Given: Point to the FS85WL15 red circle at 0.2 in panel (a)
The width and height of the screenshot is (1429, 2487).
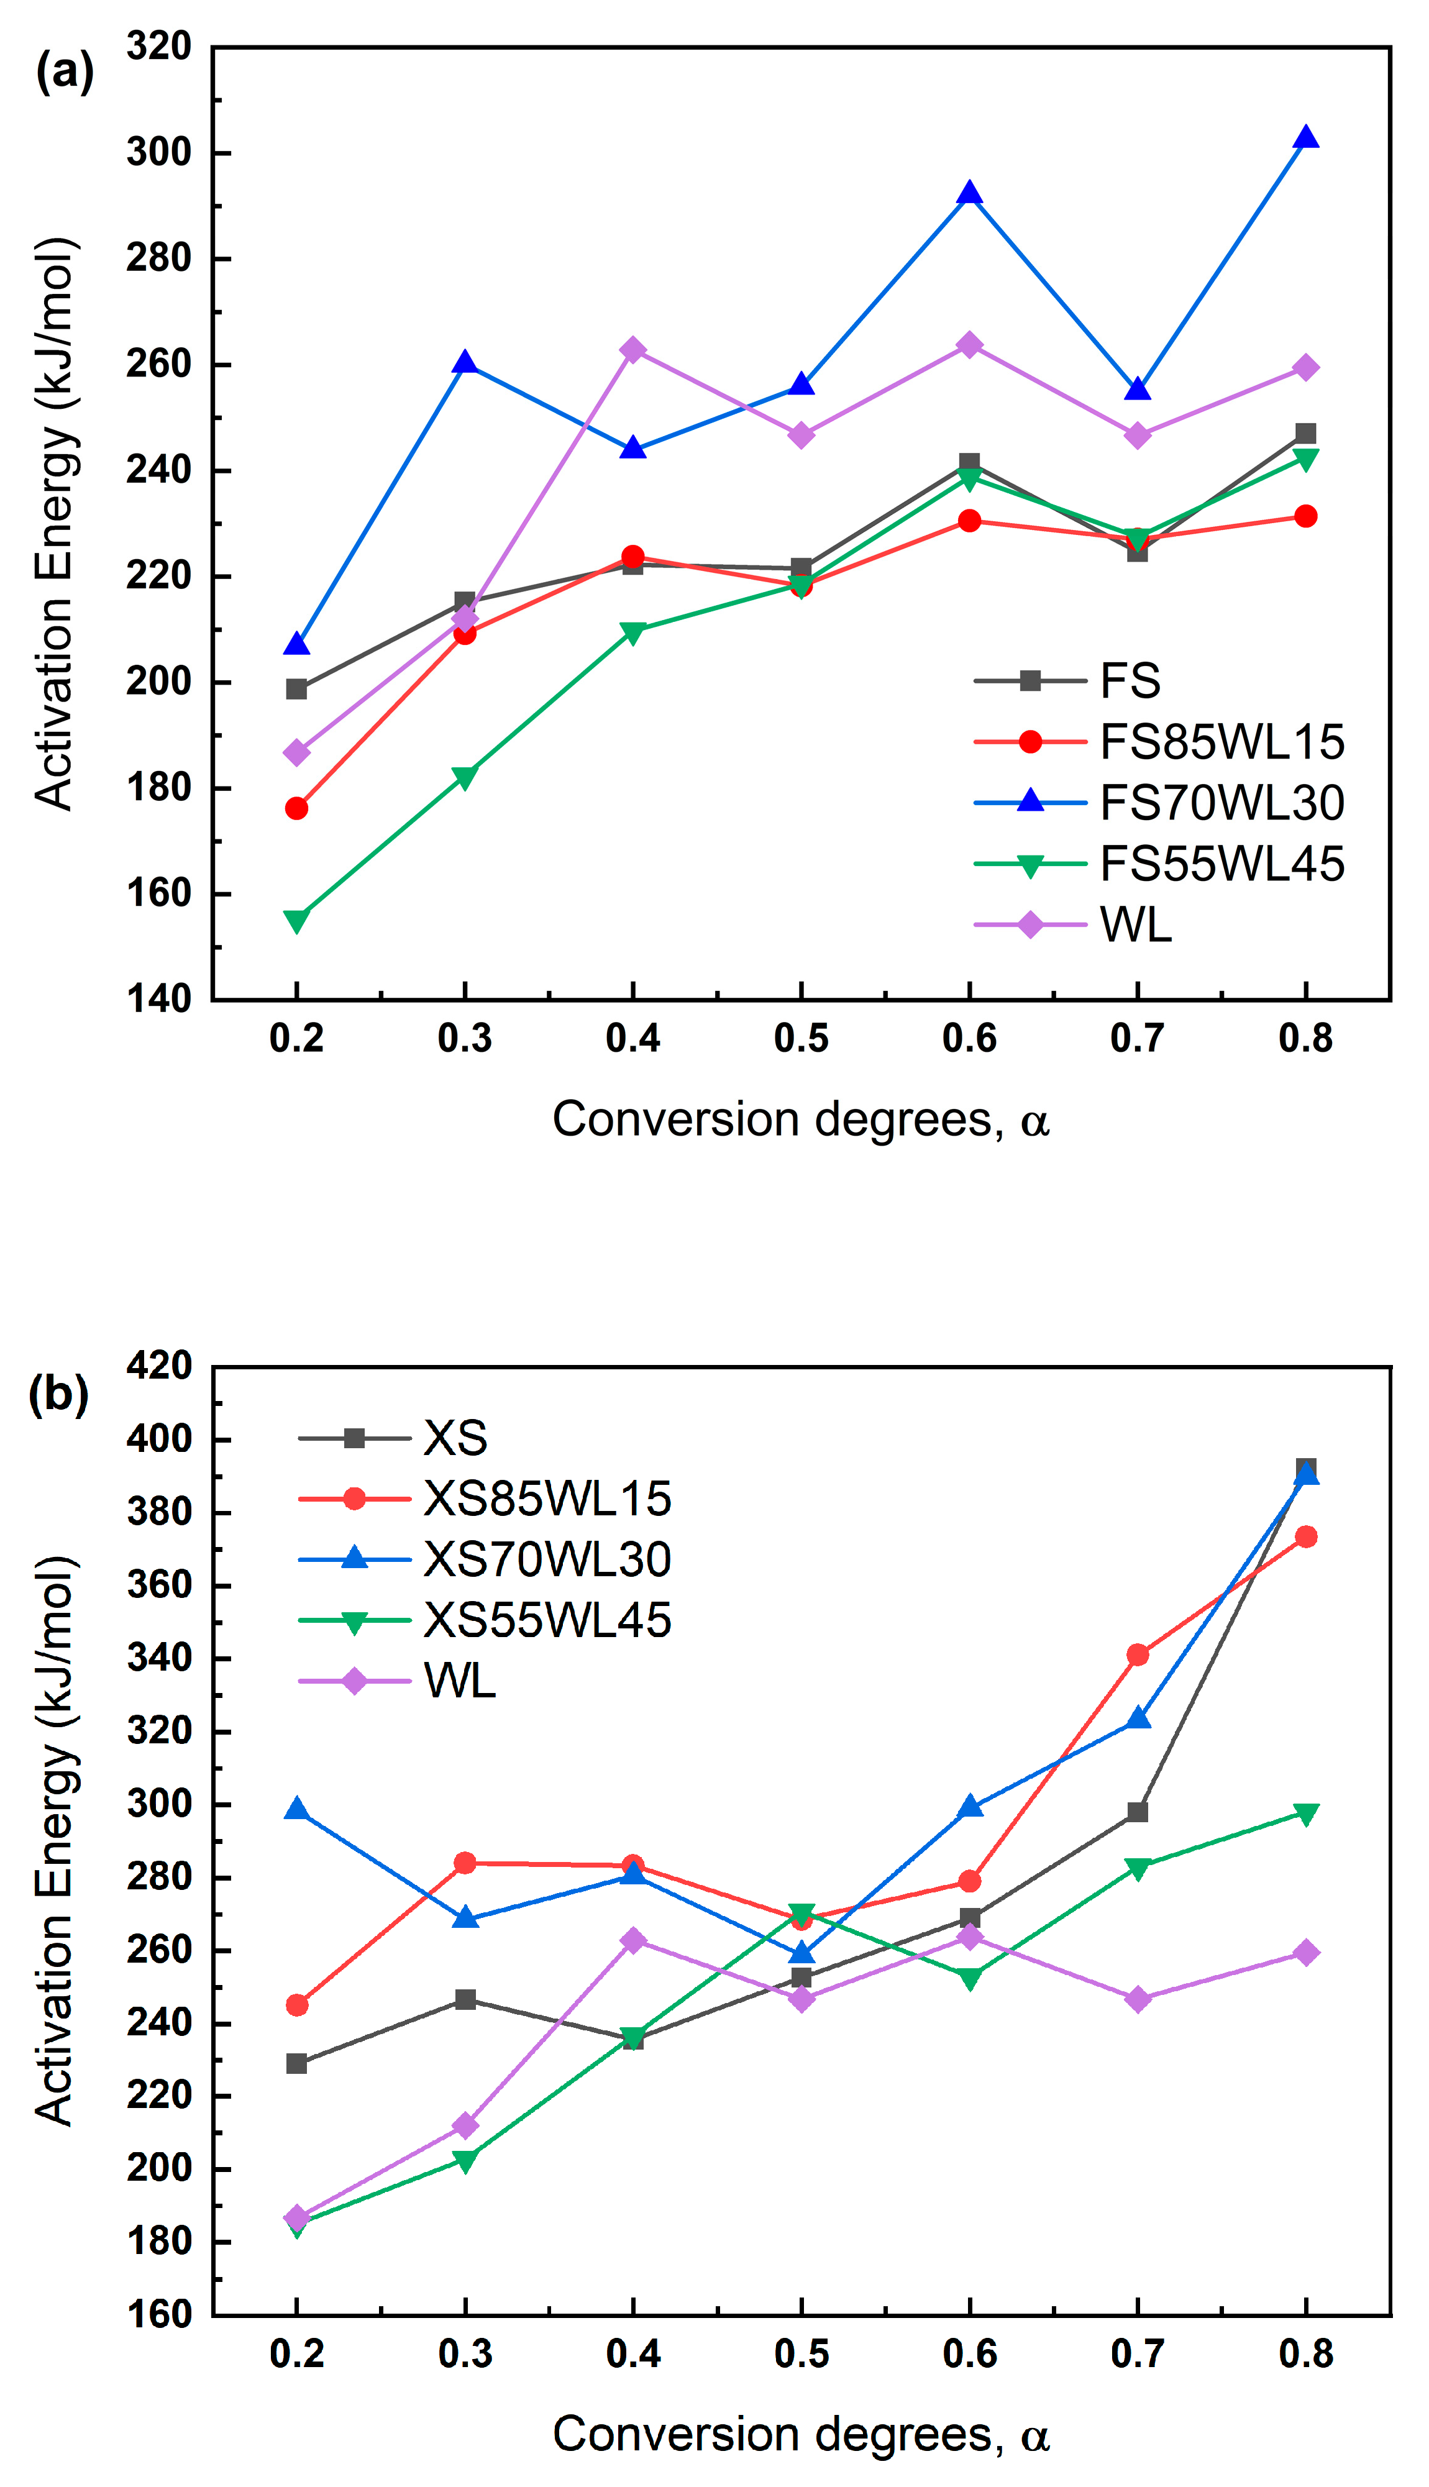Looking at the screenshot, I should point(296,808).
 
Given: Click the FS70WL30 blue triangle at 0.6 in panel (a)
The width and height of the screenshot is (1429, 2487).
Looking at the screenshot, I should point(970,193).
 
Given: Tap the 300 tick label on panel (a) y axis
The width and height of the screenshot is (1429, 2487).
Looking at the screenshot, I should point(159,152).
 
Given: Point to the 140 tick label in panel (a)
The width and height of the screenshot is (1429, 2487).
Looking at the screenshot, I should point(159,999).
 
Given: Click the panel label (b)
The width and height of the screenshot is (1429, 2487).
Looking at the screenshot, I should point(59,1394).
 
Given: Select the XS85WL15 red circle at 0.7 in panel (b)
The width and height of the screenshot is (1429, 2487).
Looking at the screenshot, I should point(1138,1654).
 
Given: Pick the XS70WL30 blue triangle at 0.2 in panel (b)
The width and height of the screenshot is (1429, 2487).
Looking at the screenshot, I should point(296,1809).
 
